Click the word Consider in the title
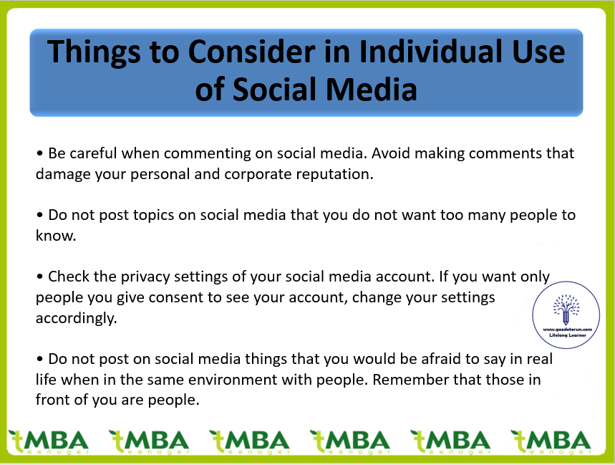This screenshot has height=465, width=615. click(x=251, y=52)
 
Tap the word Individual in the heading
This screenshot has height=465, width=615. click(x=431, y=52)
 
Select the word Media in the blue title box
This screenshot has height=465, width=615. click(x=371, y=89)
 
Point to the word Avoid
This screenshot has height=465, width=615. click(x=391, y=153)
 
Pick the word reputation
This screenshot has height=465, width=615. click(x=334, y=174)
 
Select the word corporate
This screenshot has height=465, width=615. click(x=258, y=174)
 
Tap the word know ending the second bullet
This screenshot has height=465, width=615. click(x=56, y=236)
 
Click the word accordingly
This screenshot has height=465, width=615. click(x=77, y=318)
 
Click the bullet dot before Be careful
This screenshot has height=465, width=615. click(x=39, y=153)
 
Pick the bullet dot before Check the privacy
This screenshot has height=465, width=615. click(x=39, y=277)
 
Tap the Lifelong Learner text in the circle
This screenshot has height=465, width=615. click(x=568, y=335)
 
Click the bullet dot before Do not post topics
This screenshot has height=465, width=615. click(x=39, y=216)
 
